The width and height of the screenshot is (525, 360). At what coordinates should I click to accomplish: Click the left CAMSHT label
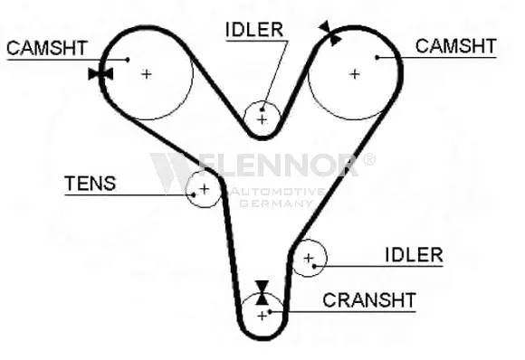pos(47,48)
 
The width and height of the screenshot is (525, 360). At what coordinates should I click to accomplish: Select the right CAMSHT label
pos(455,46)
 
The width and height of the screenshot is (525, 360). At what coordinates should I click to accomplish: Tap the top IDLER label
pos(254,30)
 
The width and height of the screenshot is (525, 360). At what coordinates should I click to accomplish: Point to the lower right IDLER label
pos(415,255)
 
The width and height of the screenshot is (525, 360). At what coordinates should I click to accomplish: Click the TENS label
pos(91,184)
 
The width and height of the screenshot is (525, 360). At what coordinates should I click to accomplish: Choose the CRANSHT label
pos(369,300)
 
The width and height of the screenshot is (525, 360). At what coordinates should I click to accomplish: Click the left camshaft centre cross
pos(147,74)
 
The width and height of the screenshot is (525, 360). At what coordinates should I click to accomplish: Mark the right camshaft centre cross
pos(355,74)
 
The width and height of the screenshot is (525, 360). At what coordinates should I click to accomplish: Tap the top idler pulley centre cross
pos(262,119)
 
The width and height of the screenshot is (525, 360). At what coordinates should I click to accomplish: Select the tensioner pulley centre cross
pos(204,189)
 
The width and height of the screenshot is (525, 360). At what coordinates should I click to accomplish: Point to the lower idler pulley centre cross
pos(309,258)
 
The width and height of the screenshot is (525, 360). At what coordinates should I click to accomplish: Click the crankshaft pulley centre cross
pos(262,316)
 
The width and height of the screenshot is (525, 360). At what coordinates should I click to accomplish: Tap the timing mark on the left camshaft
pos(100,74)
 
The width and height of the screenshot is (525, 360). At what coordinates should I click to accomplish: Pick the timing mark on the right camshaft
pos(330,33)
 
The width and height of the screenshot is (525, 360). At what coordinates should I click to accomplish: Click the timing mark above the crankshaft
pos(262,293)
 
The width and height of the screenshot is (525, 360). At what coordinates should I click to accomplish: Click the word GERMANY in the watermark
pos(276,204)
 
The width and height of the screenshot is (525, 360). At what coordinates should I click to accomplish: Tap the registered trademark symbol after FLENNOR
pos(369,159)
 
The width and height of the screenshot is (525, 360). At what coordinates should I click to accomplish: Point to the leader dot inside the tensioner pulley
pos(194,194)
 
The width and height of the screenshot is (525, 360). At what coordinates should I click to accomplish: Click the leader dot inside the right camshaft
pos(377,58)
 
